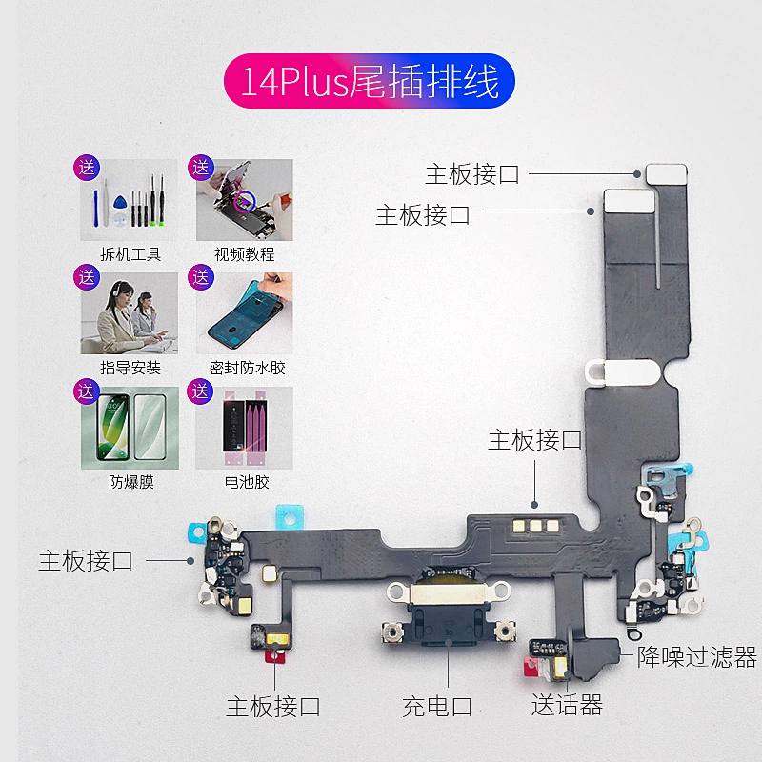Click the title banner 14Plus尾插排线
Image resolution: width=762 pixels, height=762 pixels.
pyautogui.click(x=370, y=82)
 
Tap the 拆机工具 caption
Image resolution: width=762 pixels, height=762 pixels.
pyautogui.click(x=130, y=254)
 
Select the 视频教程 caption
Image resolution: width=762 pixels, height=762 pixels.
pyautogui.click(x=245, y=254)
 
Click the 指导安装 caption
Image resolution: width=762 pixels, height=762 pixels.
pyautogui.click(x=130, y=368)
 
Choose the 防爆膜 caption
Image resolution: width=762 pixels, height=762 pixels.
pyautogui.click(x=130, y=482)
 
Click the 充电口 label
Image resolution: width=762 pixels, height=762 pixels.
pyautogui.click(x=437, y=707)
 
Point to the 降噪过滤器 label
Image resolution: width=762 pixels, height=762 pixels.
pyautogui.click(x=697, y=656)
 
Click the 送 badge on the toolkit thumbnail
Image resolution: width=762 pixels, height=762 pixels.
pyautogui.click(x=88, y=168)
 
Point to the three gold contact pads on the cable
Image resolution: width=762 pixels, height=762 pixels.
pyautogui.click(x=534, y=525)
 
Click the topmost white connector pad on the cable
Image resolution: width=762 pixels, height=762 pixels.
pyautogui.click(x=666, y=173)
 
